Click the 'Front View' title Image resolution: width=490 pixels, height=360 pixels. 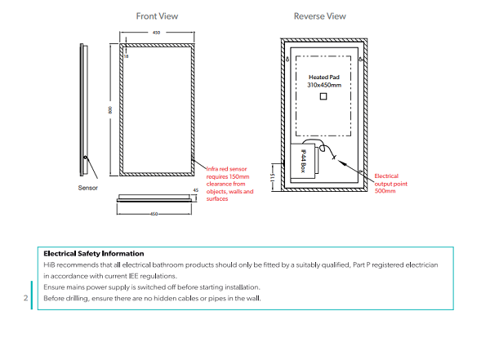point(158,16)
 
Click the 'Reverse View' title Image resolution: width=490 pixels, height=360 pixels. point(319,16)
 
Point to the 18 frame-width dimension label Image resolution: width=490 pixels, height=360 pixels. point(127,56)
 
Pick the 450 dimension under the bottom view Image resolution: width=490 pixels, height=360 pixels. point(156,214)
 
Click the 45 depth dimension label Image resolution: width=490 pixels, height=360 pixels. point(195,191)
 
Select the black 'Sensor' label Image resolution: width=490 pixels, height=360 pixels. point(88,188)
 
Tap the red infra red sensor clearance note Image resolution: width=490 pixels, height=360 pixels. point(229,184)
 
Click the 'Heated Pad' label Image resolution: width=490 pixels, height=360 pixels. point(323,77)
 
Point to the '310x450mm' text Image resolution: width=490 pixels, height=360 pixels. point(323,85)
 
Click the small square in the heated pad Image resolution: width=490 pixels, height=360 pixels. point(323,97)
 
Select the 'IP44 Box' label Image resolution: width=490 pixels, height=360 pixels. point(302,159)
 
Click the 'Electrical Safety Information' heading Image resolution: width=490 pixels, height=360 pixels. point(93,254)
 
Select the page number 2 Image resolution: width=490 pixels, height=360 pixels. point(26,298)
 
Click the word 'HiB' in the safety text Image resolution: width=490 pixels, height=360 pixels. point(49,265)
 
